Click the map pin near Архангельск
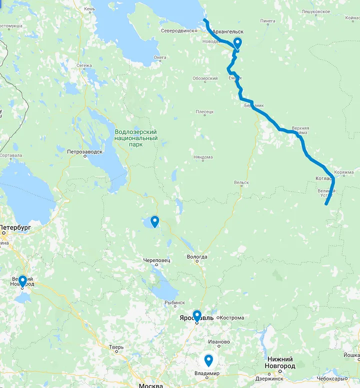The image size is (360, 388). [237, 43]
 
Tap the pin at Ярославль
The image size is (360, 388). [197, 315]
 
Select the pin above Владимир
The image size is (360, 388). [208, 359]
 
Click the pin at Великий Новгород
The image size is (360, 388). [22, 281]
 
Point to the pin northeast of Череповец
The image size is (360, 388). [154, 220]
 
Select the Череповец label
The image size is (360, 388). [156, 260]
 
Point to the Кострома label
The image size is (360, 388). [231, 317]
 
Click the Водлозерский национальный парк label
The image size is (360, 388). [135, 137]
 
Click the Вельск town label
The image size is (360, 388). [240, 182]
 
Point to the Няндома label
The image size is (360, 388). [203, 157]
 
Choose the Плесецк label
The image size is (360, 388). [204, 112]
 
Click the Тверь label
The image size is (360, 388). [116, 346]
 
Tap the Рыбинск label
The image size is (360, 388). [175, 302]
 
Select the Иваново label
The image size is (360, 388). [219, 342]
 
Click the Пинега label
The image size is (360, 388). [268, 21]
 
